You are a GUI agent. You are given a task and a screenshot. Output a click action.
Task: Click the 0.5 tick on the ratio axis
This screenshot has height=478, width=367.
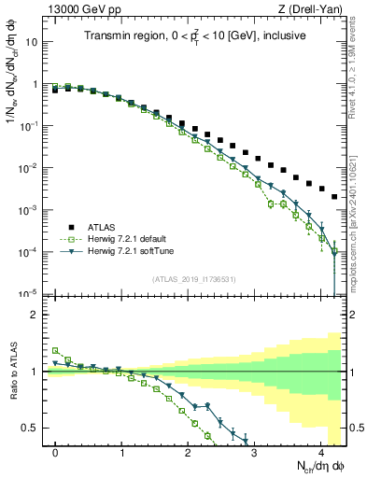32,428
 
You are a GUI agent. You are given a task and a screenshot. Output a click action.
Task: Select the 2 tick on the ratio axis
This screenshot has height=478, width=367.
36,315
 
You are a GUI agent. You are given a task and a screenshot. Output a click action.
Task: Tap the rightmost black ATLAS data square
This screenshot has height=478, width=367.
334,197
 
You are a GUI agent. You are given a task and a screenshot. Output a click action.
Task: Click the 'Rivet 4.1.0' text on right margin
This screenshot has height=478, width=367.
353,65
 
